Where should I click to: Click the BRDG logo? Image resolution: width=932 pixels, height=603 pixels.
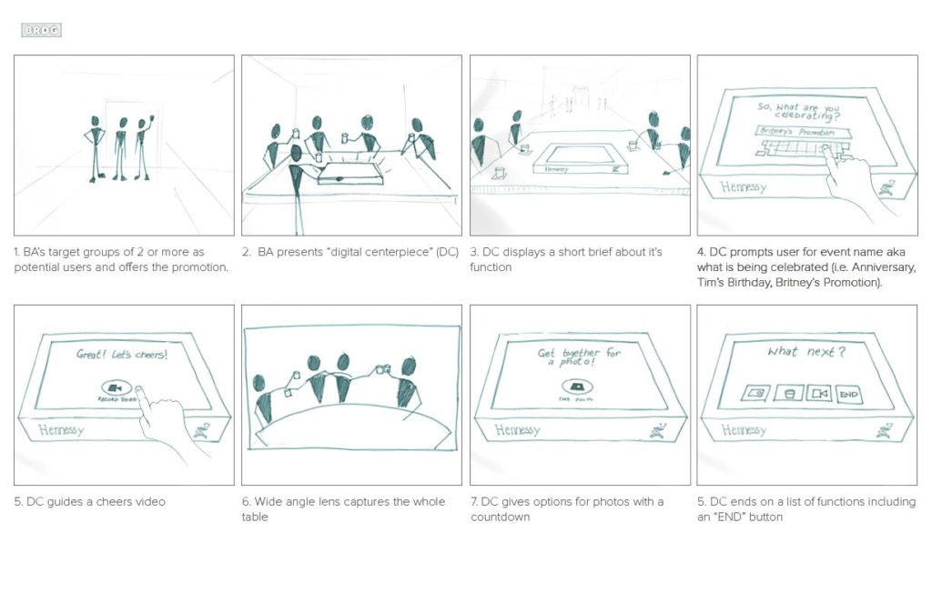[41, 30]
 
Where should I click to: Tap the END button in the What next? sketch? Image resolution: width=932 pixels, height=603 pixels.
[848, 394]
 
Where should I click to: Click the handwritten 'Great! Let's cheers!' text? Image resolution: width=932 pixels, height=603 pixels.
[122, 354]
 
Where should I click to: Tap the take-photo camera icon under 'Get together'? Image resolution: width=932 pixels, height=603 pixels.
[577, 386]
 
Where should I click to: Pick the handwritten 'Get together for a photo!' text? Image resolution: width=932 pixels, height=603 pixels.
[579, 357]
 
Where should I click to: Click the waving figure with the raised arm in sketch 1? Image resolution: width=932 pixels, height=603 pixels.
[143, 146]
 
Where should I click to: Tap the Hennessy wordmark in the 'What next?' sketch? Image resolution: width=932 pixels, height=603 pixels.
[744, 430]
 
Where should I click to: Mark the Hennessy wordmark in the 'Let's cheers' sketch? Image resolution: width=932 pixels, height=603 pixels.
[60, 430]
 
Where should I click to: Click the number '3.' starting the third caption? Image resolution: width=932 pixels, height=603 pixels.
[474, 252]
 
